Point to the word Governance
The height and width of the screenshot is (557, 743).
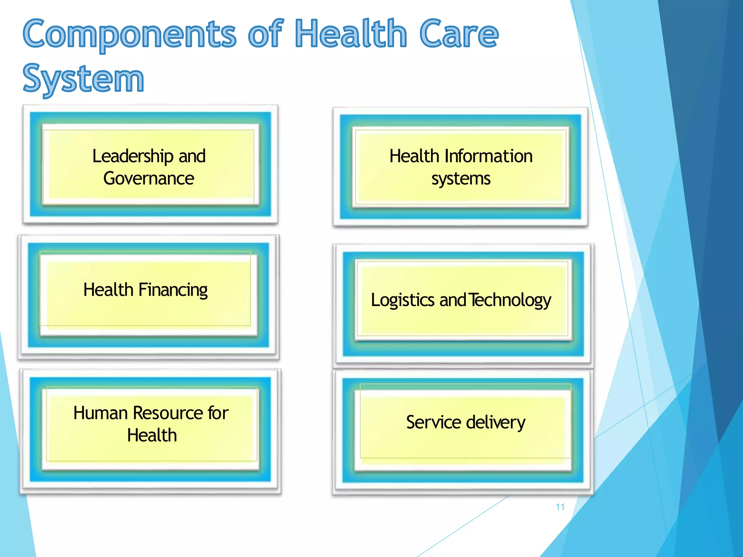(x=149, y=178)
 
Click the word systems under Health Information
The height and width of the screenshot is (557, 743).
(x=461, y=179)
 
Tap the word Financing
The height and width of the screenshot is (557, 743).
(x=173, y=290)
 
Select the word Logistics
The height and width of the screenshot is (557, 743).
(x=402, y=300)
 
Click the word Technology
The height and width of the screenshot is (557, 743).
(x=510, y=300)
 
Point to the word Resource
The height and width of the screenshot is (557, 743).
(x=168, y=413)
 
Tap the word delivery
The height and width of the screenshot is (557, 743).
(x=496, y=422)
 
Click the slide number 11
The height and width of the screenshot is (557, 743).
(x=560, y=507)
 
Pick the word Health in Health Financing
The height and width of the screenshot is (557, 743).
(x=108, y=290)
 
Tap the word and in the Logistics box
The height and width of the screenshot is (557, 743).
(x=452, y=300)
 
